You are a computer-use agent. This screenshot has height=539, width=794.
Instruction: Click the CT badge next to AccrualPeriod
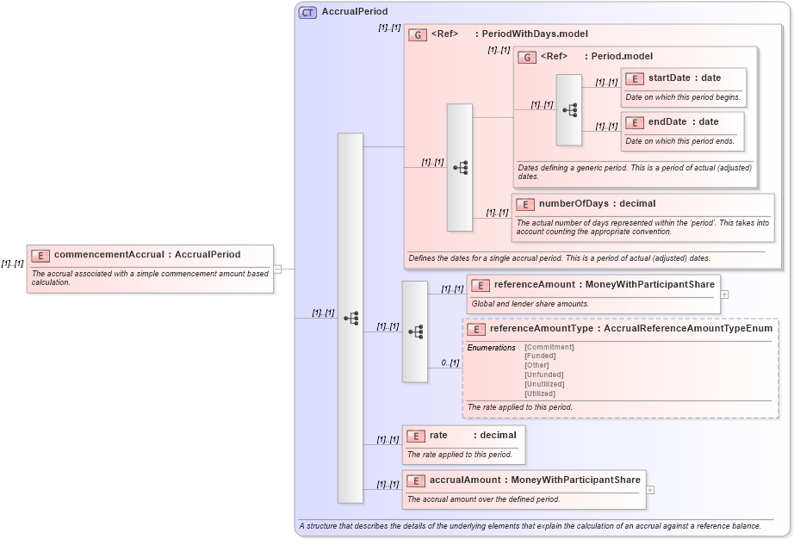(x=307, y=12)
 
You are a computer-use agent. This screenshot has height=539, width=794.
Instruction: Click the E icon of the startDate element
(x=635, y=79)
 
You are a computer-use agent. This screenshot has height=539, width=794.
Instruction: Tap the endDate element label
(x=667, y=122)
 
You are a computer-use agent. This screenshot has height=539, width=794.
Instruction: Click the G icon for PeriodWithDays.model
(x=418, y=34)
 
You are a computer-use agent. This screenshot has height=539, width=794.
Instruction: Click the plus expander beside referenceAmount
(x=724, y=294)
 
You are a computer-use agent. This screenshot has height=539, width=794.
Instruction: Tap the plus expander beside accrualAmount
(x=649, y=490)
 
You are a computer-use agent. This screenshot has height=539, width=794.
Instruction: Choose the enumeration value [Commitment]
(x=549, y=347)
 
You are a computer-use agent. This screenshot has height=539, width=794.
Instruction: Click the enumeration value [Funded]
(x=540, y=356)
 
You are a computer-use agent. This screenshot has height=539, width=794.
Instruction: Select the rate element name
(x=438, y=436)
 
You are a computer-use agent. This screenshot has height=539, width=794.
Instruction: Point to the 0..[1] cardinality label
(x=450, y=362)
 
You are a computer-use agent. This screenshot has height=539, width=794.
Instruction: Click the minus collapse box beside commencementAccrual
(x=277, y=269)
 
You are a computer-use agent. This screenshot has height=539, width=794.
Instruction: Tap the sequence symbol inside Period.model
(x=569, y=109)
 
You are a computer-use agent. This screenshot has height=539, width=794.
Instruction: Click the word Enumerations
(x=491, y=347)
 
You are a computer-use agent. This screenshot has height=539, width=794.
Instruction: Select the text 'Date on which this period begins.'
(x=683, y=97)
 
